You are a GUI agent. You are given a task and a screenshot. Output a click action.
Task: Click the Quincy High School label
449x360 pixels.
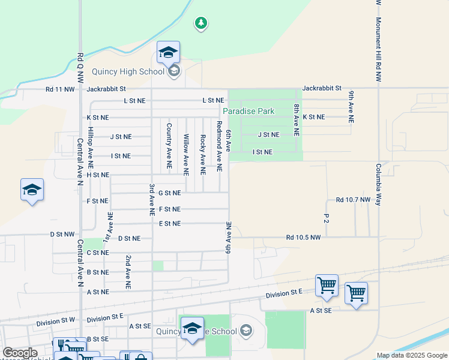click(128, 72)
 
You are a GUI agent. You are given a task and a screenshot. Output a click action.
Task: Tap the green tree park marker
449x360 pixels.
click(201, 23)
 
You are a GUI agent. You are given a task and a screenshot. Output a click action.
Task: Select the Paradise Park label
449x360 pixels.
click(249, 111)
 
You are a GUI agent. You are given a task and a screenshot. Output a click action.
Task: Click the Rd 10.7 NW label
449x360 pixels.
click(354, 199)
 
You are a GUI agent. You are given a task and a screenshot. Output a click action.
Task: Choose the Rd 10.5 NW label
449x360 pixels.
click(304, 237)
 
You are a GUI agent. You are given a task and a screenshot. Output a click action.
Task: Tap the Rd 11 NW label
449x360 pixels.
click(60, 89)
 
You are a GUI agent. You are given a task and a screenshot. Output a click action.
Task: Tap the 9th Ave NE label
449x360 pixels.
click(351, 106)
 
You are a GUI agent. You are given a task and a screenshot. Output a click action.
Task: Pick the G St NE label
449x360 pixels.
click(169, 193)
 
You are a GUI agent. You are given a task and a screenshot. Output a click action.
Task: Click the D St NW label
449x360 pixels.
click(62, 234)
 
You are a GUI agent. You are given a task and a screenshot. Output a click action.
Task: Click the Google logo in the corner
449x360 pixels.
click(20, 353)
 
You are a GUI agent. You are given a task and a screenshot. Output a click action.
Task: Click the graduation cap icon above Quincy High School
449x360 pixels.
click(169, 52)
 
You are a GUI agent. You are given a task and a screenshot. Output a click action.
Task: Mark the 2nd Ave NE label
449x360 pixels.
click(128, 272)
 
